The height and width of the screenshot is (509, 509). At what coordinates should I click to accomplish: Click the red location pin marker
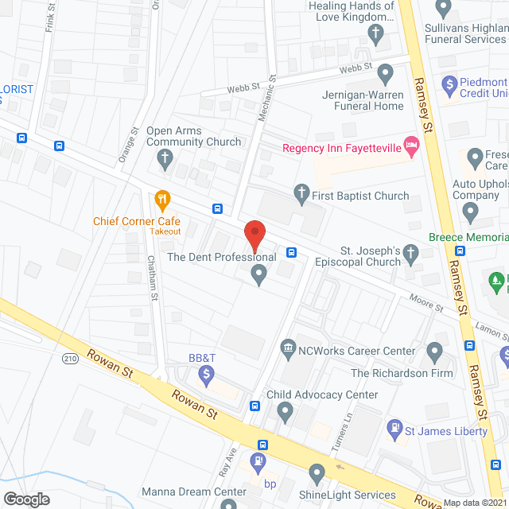tap(254, 236)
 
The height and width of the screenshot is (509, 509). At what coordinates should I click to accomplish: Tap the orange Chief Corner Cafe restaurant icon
tap(162, 199)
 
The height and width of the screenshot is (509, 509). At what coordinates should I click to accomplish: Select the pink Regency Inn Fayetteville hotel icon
tap(411, 145)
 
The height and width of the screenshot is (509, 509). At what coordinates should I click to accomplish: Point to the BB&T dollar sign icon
tap(206, 374)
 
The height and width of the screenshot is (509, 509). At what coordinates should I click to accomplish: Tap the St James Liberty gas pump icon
tap(393, 429)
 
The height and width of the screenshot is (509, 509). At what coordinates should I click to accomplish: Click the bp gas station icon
tap(258, 461)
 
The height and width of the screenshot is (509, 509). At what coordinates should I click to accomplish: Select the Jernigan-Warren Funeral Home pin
tap(385, 74)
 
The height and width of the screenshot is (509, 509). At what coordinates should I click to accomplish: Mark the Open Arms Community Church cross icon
tap(166, 159)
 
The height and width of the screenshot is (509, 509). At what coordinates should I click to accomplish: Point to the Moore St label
tap(426, 304)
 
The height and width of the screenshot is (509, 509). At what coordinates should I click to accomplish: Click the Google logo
tap(26, 499)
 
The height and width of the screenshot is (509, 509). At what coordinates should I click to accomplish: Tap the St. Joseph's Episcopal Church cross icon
tap(410, 254)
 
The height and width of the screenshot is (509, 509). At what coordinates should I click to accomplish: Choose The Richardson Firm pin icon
tap(434, 350)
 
